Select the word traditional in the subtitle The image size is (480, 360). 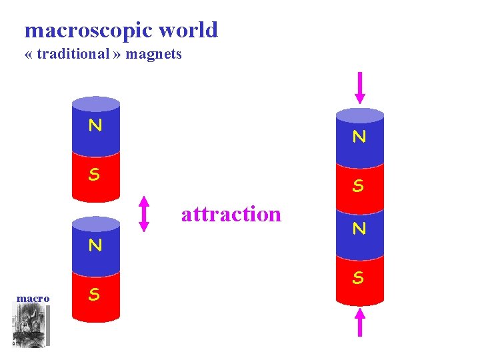[x=73, y=55]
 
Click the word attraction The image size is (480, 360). [x=231, y=214]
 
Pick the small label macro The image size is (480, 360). [x=33, y=299]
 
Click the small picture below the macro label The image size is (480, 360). [x=31, y=327]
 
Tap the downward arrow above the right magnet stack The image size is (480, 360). [x=360, y=87]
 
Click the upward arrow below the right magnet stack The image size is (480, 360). [x=360, y=322]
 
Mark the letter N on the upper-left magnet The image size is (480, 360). [x=95, y=125]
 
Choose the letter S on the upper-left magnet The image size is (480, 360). [x=95, y=175]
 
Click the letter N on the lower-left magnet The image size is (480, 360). [x=95, y=245]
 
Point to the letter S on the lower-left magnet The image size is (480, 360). [x=95, y=294]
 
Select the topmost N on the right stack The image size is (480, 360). [x=359, y=137]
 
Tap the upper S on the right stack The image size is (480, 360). [x=359, y=186]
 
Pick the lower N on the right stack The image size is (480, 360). [x=359, y=229]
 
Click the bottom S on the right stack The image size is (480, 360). [x=359, y=277]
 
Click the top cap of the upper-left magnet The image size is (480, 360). [x=95, y=103]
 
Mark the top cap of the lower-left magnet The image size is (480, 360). [x=95, y=223]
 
